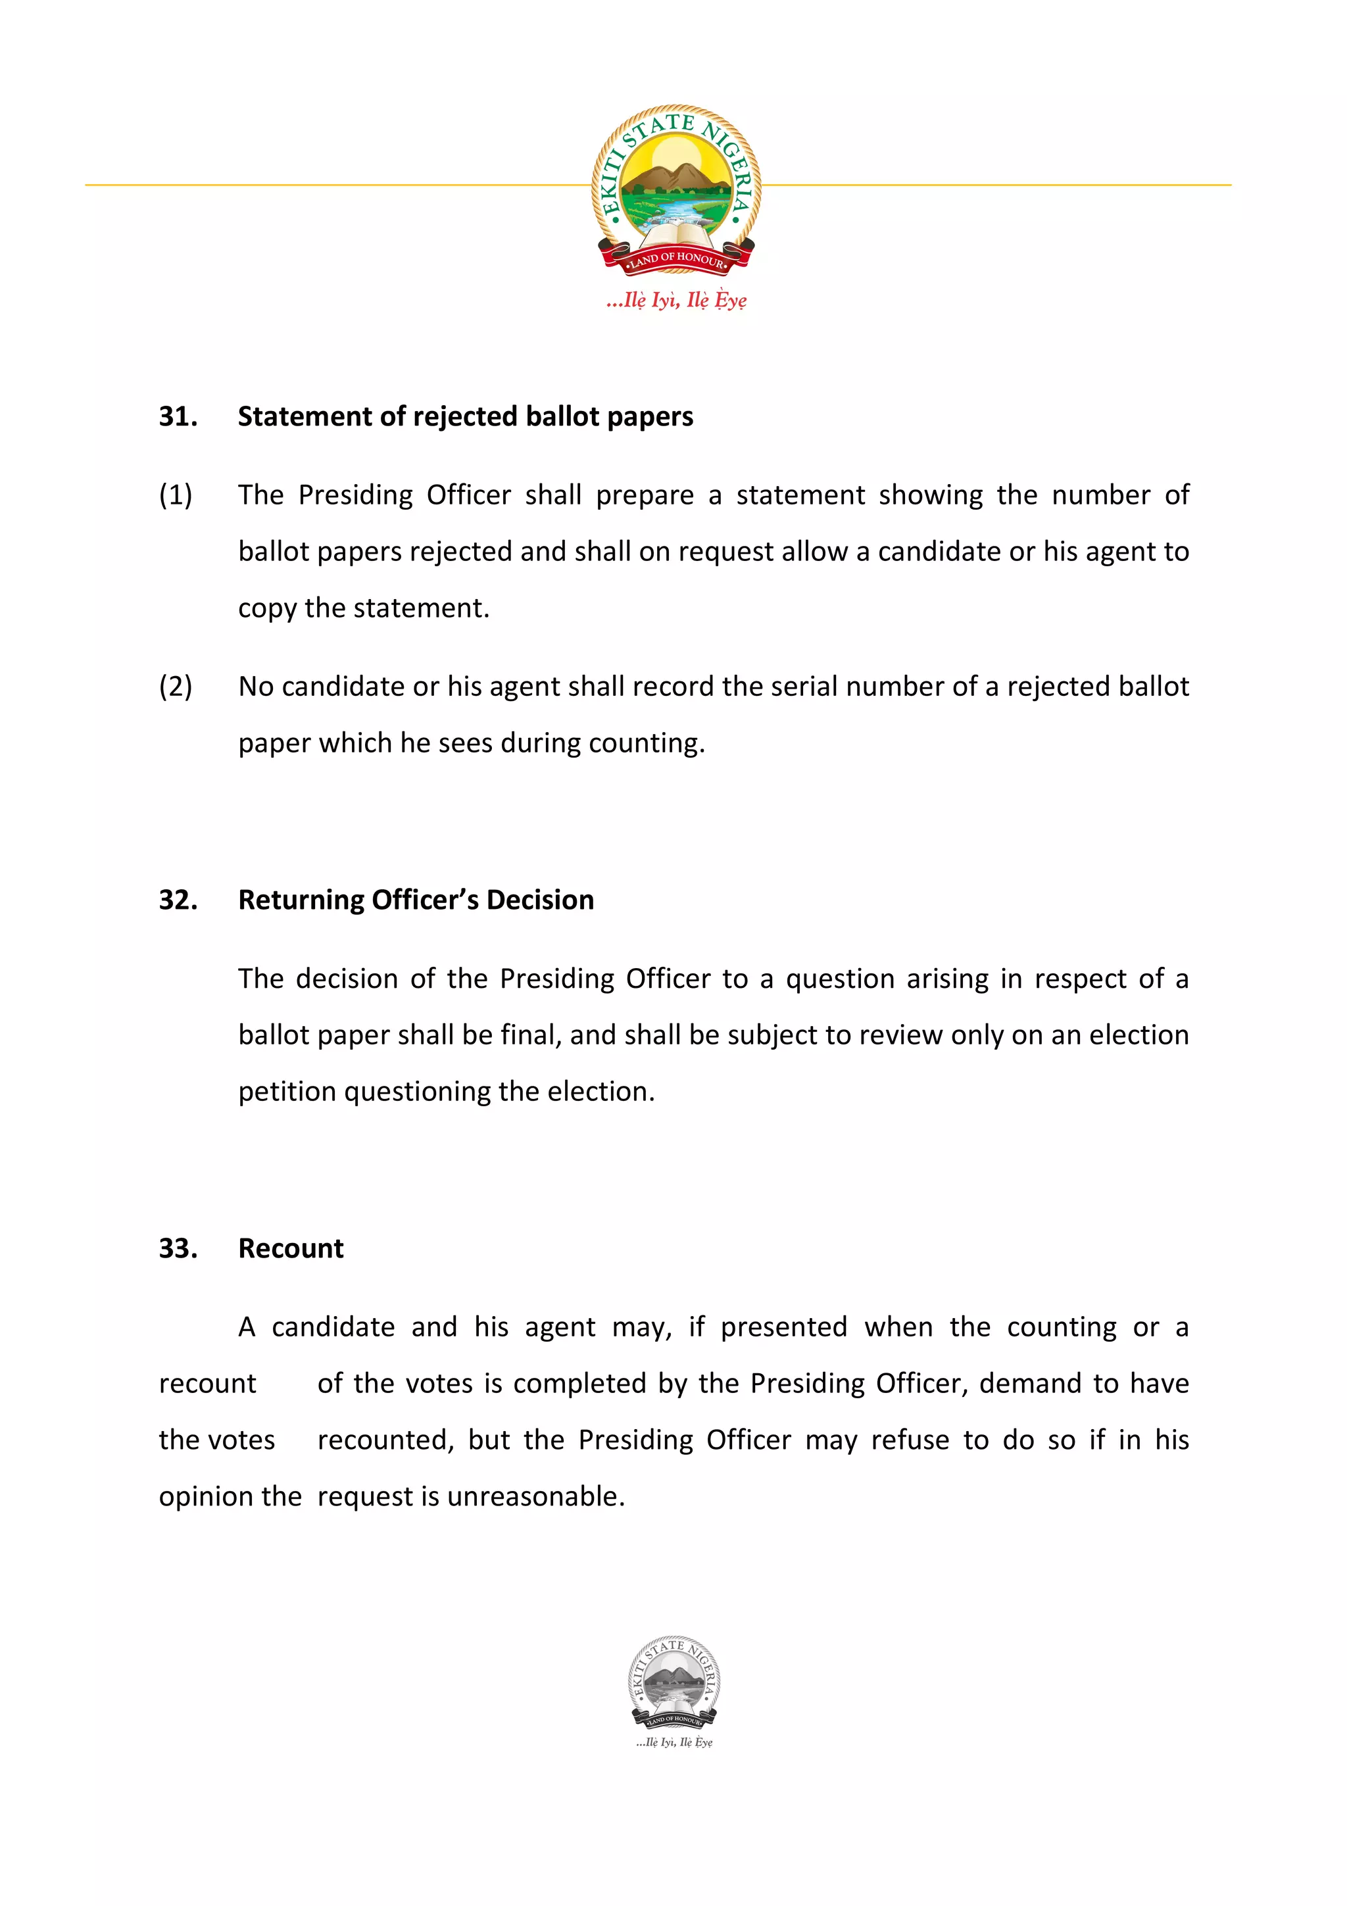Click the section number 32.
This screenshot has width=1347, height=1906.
(x=178, y=900)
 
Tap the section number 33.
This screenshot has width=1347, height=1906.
(x=178, y=1248)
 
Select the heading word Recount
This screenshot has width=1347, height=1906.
(x=291, y=1248)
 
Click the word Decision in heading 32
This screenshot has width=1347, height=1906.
(x=539, y=900)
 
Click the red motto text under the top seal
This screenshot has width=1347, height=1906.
(x=675, y=301)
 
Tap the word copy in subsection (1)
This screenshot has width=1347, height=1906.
(x=267, y=608)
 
